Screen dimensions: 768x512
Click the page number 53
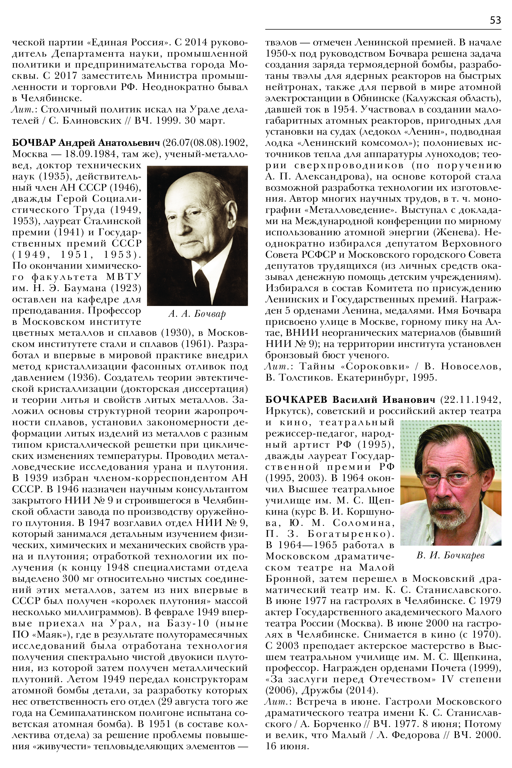pos(495,20)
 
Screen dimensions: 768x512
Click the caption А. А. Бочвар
pos(197,314)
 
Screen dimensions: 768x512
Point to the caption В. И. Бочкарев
pos(450,555)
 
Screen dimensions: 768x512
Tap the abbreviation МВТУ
pos(123,277)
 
